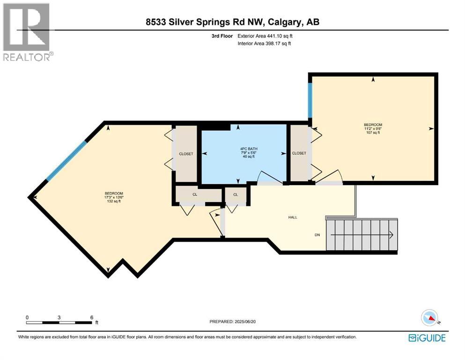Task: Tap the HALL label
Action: click(292, 217)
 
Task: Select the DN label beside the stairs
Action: click(317, 235)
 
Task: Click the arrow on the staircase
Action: click(390, 235)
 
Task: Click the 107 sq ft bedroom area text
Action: click(373, 132)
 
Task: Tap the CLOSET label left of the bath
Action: click(185, 154)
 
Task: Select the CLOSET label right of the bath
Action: click(299, 153)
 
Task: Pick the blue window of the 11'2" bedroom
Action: click(310, 101)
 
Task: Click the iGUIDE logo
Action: click(427, 337)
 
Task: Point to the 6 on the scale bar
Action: click(91, 317)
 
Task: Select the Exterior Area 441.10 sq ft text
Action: click(266, 36)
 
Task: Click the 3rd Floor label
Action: click(222, 36)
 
